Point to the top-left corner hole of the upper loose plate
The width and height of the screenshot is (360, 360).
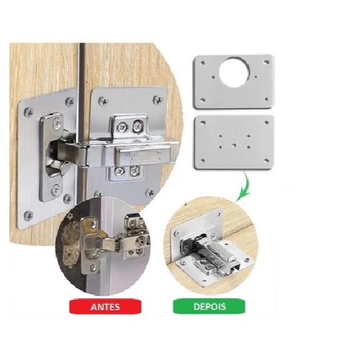[x=199, y=62]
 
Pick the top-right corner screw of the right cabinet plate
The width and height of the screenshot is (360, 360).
[x=158, y=100]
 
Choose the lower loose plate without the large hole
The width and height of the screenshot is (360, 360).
[x=234, y=142]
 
